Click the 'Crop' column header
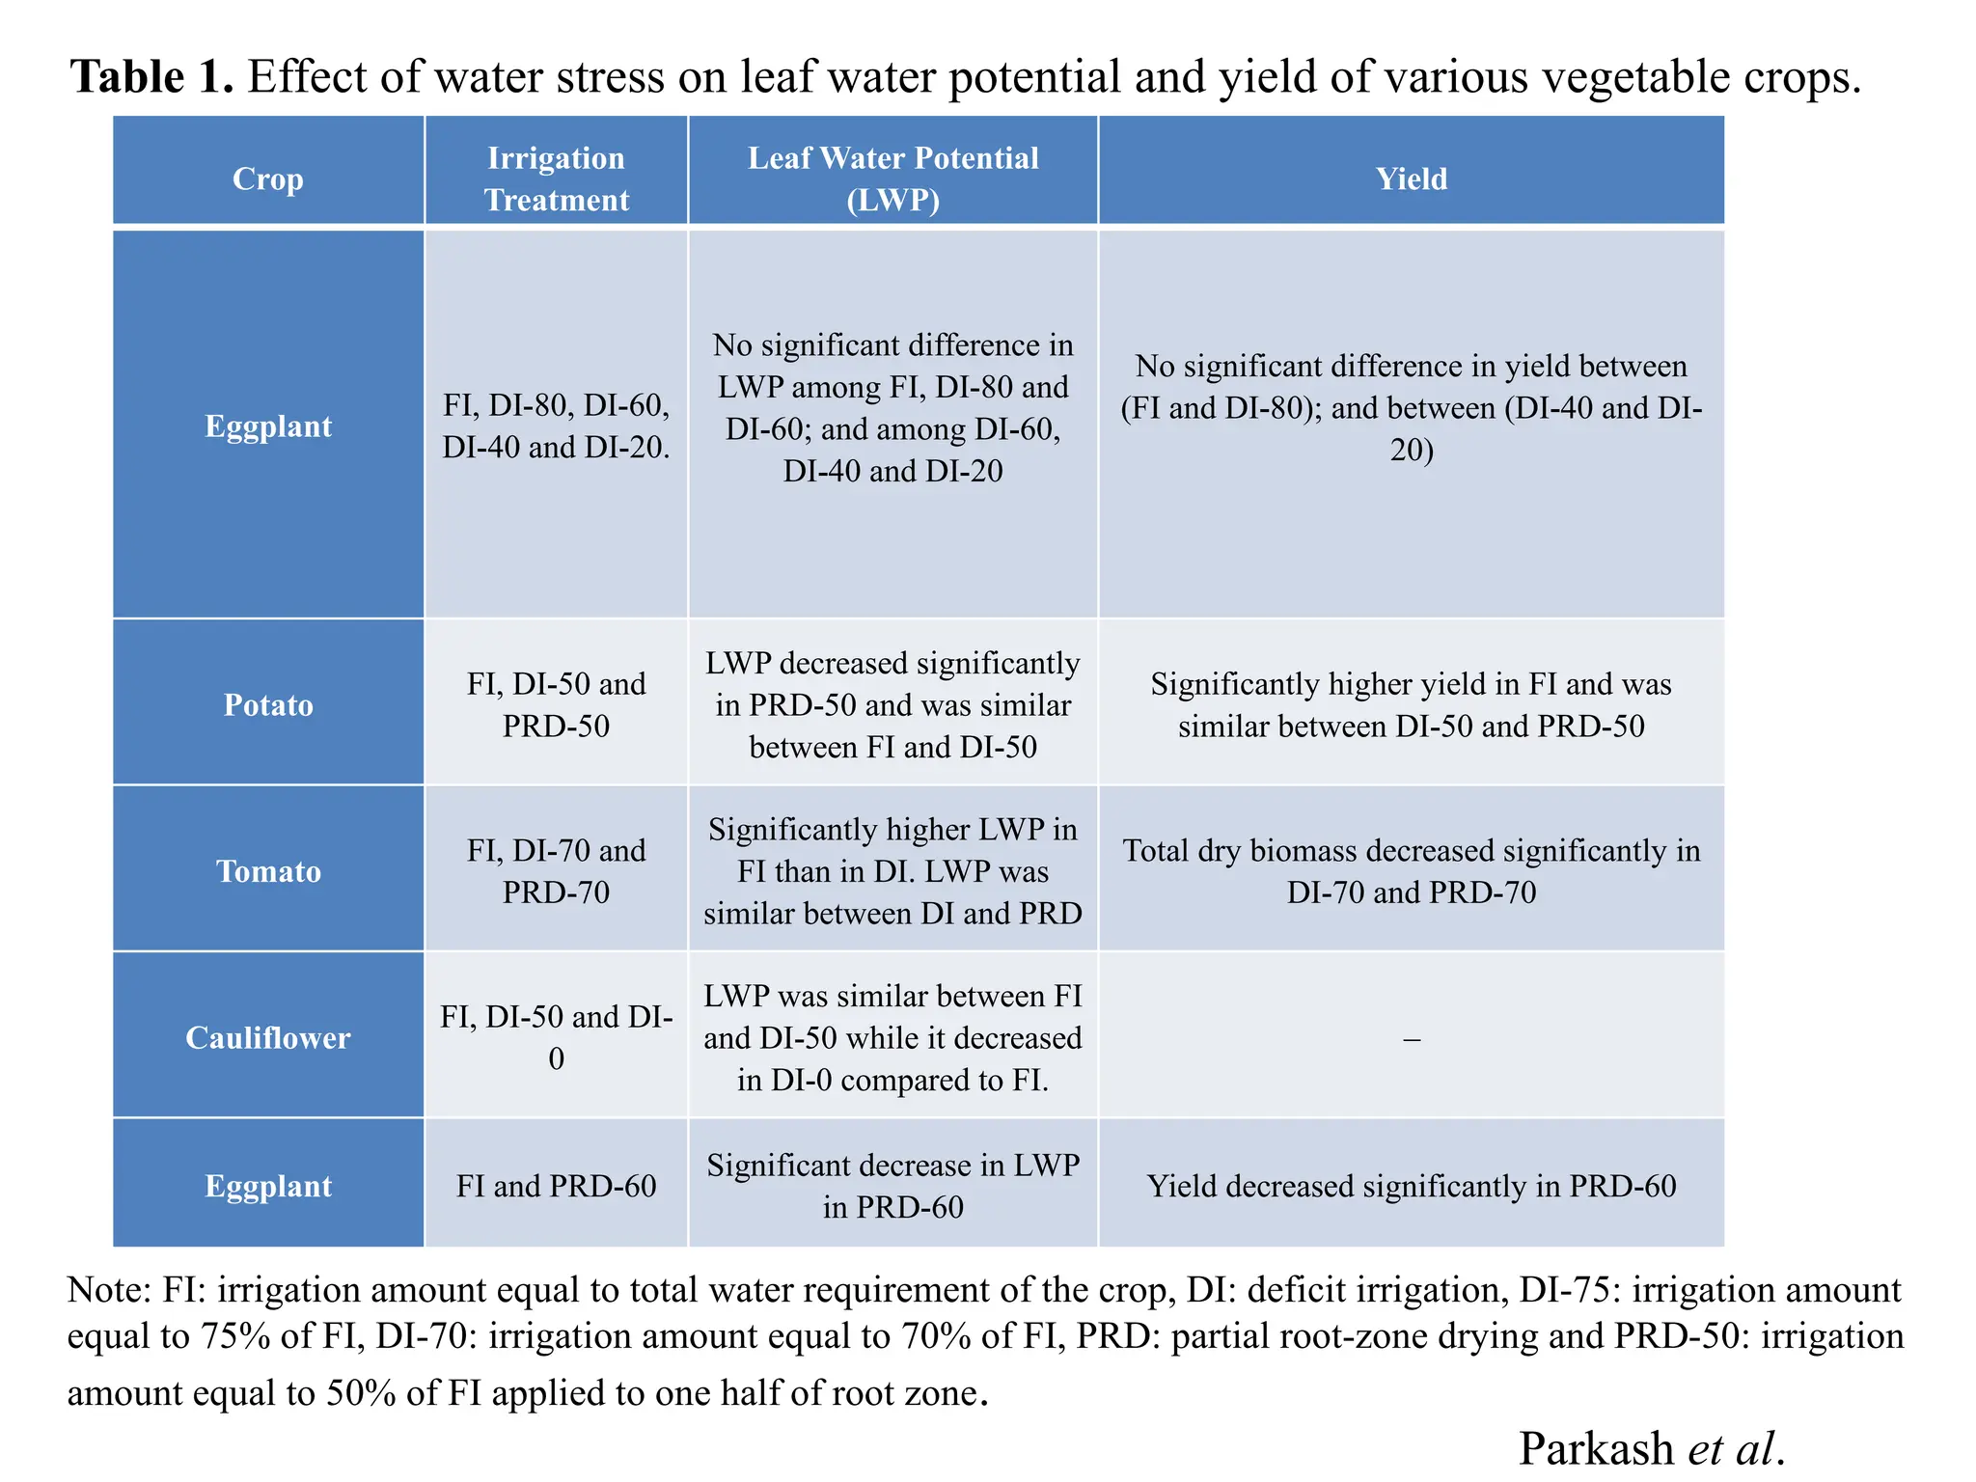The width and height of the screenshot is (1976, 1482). (x=268, y=178)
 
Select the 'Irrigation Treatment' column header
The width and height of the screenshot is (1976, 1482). (x=556, y=178)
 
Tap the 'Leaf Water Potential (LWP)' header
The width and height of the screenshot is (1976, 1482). (x=892, y=178)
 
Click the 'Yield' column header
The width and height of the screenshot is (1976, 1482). (x=1411, y=178)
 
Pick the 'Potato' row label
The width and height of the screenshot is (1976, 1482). (x=268, y=704)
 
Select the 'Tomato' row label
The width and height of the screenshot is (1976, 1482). (x=268, y=871)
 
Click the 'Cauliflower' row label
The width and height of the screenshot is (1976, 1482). (x=268, y=1037)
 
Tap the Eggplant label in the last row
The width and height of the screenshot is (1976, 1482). (x=268, y=1186)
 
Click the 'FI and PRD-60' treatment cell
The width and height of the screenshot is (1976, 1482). (x=556, y=1186)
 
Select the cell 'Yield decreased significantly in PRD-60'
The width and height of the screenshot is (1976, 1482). (x=1411, y=1186)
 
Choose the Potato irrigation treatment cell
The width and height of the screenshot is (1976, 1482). (x=556, y=704)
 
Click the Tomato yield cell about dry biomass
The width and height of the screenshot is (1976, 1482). (x=1411, y=871)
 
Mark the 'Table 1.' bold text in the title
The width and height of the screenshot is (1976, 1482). (x=152, y=76)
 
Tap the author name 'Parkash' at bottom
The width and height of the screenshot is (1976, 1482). (x=1596, y=1447)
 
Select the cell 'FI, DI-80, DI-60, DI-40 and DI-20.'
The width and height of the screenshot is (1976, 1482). (x=556, y=425)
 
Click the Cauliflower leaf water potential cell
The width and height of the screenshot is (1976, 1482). (x=892, y=1037)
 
